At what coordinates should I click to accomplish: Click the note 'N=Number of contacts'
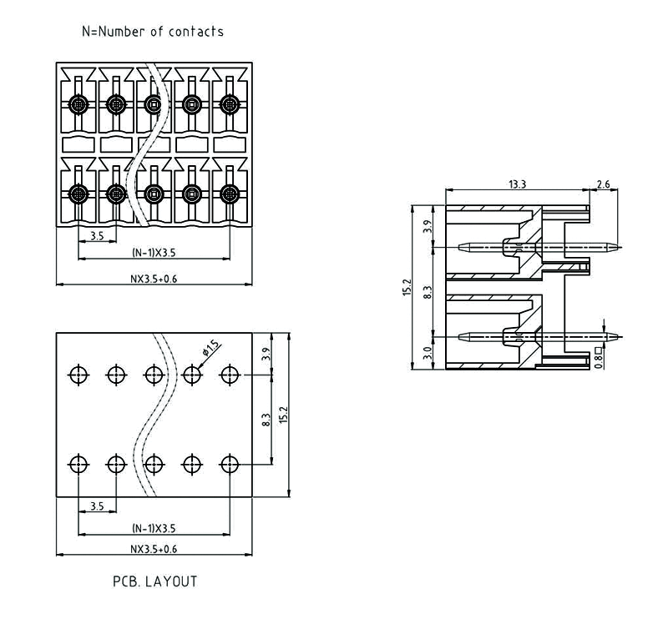[152, 32]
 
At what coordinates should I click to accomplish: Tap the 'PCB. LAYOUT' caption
[155, 581]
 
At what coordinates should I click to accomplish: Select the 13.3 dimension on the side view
[518, 184]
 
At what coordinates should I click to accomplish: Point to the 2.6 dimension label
[604, 184]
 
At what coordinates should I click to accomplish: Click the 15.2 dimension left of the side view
[407, 288]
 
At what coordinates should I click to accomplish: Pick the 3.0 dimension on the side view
[428, 354]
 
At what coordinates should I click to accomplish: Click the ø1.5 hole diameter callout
[210, 345]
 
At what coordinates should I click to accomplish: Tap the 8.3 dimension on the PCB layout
[266, 420]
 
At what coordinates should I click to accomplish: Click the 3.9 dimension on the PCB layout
[266, 354]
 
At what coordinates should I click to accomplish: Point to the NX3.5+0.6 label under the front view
[154, 279]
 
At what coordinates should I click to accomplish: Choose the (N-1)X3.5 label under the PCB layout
[154, 528]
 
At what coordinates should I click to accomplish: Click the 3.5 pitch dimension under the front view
[96, 236]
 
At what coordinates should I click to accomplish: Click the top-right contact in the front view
[229, 104]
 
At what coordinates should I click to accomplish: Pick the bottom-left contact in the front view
[78, 194]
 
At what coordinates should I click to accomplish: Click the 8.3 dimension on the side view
[428, 291]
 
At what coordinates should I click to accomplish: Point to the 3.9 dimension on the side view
[428, 226]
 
